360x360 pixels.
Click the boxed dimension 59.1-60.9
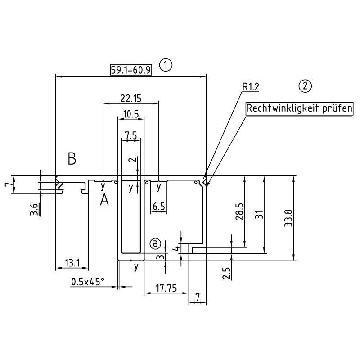pos(130,70)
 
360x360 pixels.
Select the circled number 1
pos(166,64)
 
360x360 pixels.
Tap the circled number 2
pos(305,85)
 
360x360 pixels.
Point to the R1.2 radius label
pos(251,87)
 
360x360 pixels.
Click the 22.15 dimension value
pos(131,98)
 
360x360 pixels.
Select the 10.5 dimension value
pos(130,114)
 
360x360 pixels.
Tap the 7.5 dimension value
pos(130,135)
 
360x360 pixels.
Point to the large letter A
pos(104,200)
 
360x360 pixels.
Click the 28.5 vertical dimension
pos(239,211)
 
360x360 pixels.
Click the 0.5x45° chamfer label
pos(88,282)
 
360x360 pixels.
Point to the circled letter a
pos(155,243)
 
